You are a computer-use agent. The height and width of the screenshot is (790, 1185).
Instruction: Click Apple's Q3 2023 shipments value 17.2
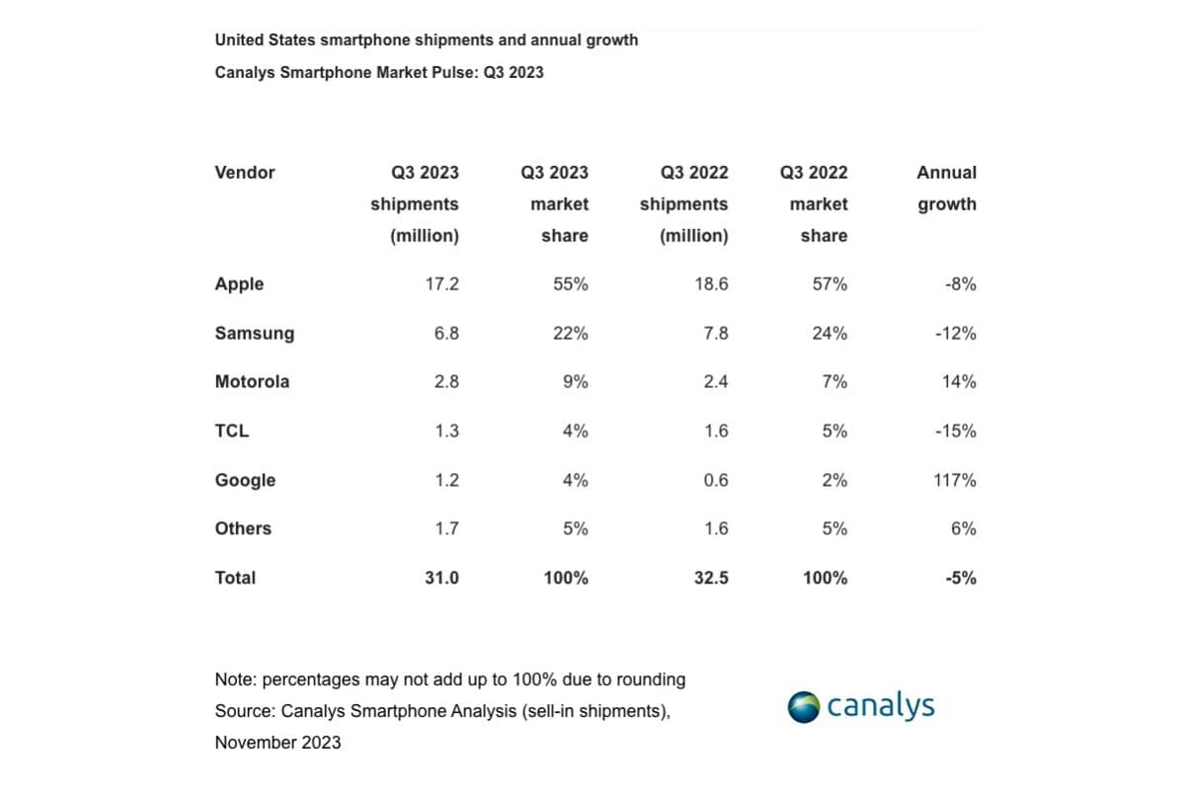pyautogui.click(x=441, y=284)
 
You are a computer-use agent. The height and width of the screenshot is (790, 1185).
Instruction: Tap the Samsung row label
pyautogui.click(x=254, y=334)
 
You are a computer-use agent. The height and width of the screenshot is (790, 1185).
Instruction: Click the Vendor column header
pyautogui.click(x=245, y=173)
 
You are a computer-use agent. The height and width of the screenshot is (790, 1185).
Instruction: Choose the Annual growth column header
pyautogui.click(x=946, y=189)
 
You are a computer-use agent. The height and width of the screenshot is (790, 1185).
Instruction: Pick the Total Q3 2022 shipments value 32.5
pyautogui.click(x=710, y=579)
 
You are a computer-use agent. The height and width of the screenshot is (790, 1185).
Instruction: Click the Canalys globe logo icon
pyautogui.click(x=803, y=707)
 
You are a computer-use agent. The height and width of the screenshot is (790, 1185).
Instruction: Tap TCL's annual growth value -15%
pyautogui.click(x=955, y=432)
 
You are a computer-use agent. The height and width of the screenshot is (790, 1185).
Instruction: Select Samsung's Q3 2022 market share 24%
pyautogui.click(x=829, y=334)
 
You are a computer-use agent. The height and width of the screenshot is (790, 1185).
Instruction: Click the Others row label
pyautogui.click(x=243, y=529)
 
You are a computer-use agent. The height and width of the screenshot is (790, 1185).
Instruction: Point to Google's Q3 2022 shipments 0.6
pyautogui.click(x=715, y=480)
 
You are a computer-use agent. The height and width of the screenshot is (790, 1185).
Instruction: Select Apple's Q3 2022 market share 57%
pyautogui.click(x=829, y=284)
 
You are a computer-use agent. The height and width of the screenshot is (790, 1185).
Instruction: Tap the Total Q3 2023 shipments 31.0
pyautogui.click(x=441, y=579)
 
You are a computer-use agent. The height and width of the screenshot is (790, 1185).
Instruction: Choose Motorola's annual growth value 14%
pyautogui.click(x=958, y=382)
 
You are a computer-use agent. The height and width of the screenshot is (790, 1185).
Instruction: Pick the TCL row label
pyautogui.click(x=232, y=432)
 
